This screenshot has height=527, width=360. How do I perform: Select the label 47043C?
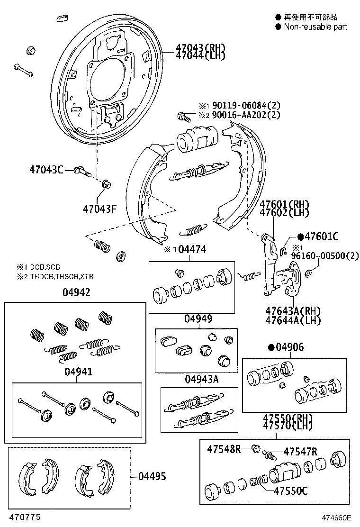point(46,169)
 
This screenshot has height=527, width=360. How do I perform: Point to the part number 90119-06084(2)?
point(246,106)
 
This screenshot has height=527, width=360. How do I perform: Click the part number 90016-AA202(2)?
point(246,115)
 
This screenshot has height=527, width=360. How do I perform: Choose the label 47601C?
point(321,236)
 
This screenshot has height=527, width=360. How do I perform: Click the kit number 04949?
point(198,319)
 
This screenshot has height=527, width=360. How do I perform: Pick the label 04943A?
point(201,379)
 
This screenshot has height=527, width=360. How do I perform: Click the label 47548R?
point(224,448)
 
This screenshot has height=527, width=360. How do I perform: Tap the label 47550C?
point(290,491)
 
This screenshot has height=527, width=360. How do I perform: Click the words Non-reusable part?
point(315,27)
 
